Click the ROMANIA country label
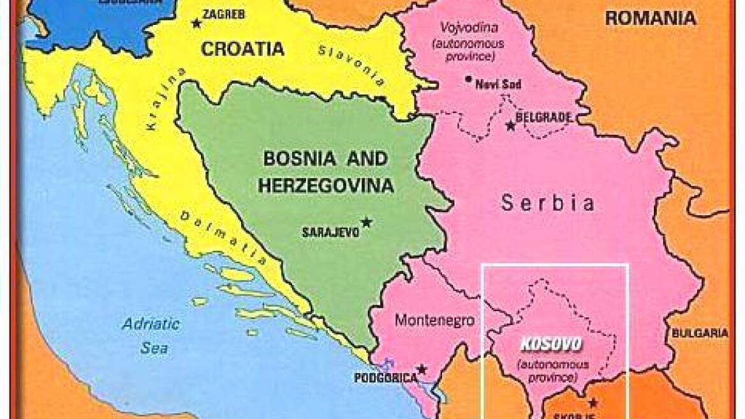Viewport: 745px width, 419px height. pyautogui.click(x=650, y=18)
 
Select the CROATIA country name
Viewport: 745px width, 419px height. pyautogui.click(x=242, y=49)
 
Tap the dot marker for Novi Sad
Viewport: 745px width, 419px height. pyautogui.click(x=469, y=80)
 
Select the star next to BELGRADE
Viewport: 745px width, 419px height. pyautogui.click(x=510, y=126)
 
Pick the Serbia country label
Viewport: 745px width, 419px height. pyautogui.click(x=547, y=204)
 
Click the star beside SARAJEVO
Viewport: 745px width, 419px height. pyautogui.click(x=367, y=222)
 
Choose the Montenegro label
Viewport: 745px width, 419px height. pyautogui.click(x=427, y=321)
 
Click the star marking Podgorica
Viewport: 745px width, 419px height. pyautogui.click(x=422, y=369)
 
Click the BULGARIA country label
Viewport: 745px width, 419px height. pyautogui.click(x=698, y=333)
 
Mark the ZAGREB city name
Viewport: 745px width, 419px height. pyautogui.click(x=222, y=14)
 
